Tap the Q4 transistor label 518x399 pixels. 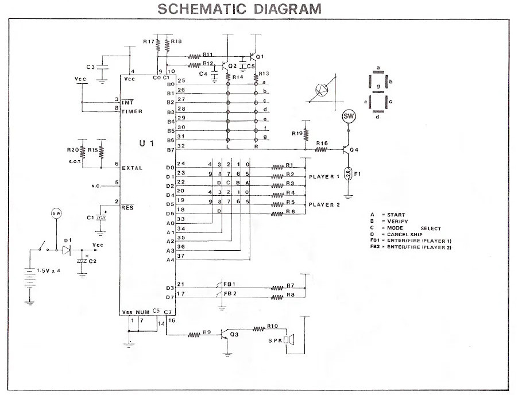coord(355,150)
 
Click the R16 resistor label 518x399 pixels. coord(322,143)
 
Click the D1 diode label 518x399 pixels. coord(68,241)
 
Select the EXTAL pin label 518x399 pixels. coord(132,168)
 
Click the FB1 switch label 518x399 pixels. coord(230,284)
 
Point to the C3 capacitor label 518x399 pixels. coord(90,67)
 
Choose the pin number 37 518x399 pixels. coord(181,256)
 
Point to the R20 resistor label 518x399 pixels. coord(72,150)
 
